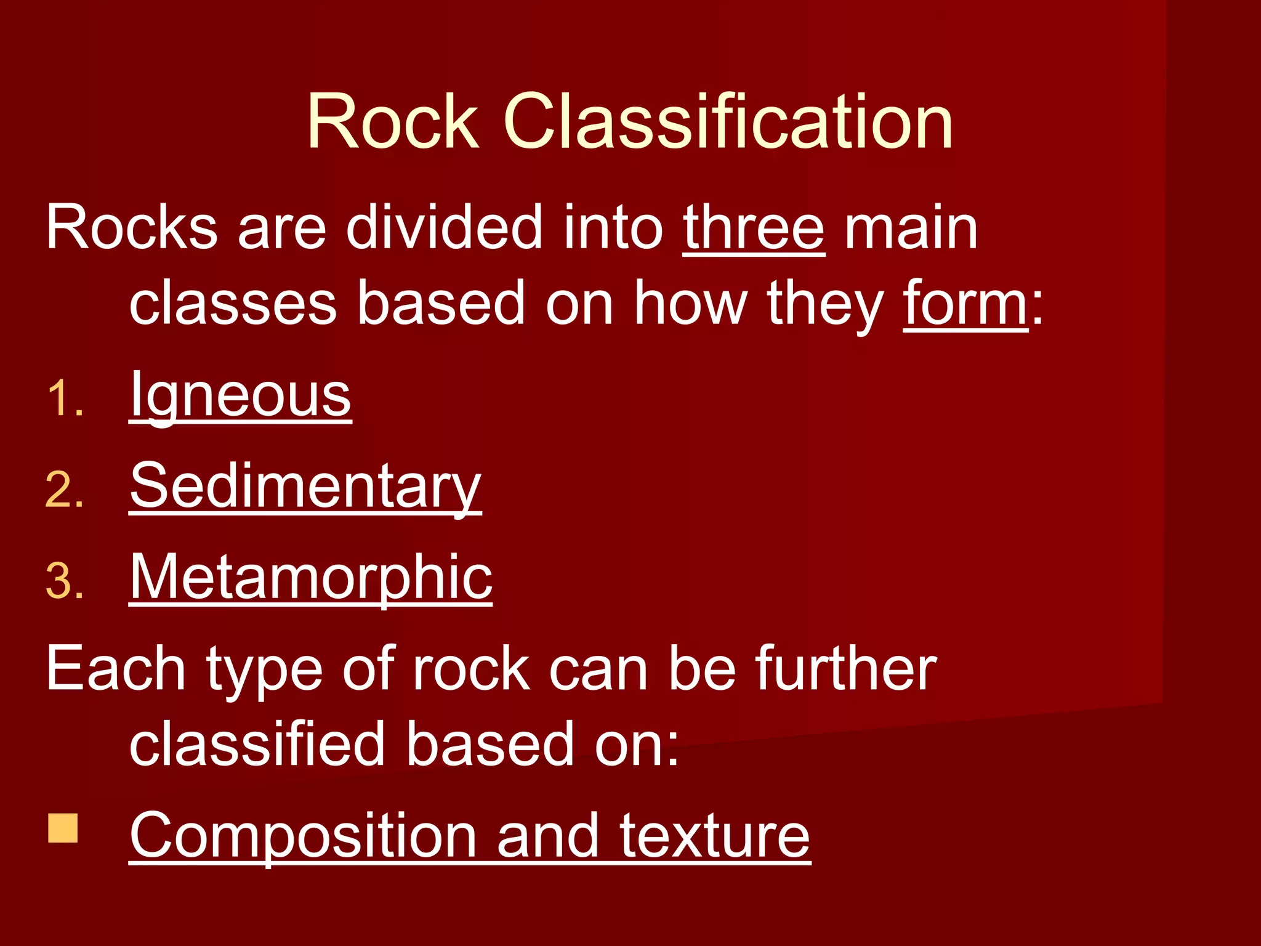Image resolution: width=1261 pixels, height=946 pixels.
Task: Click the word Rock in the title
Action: pos(393,121)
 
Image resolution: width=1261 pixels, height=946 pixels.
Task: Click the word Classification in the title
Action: pos(728,121)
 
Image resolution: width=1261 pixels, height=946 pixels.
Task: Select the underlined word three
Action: pos(754,228)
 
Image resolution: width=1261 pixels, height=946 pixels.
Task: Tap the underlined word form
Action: pos(965,304)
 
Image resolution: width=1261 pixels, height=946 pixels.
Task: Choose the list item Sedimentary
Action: pos(305,487)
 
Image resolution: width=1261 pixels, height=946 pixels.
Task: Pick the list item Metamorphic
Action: pos(311,577)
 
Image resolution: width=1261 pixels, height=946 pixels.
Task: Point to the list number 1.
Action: pos(64,398)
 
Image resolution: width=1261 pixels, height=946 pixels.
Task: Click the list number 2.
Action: pos(64,490)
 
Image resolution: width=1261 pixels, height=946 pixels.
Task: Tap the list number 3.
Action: pos(64,581)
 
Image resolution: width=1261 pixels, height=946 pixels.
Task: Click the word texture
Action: pos(715,836)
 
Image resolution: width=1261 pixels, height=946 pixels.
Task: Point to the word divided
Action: pos(443,228)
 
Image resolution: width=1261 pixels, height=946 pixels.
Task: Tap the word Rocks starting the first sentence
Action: pos(131,228)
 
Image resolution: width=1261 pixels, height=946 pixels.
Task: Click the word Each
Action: pos(115,669)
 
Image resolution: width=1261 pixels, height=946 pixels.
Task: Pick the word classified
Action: pos(257,744)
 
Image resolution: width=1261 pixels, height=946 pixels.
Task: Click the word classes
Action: pos(233,304)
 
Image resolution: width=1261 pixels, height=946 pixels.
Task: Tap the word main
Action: pos(911,228)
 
